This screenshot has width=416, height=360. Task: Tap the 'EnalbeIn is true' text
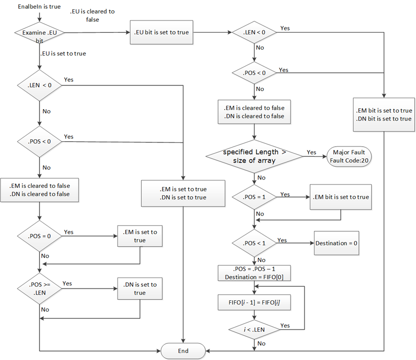click(x=39, y=7)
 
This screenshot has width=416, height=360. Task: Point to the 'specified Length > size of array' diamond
click(x=254, y=157)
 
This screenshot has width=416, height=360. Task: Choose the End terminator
click(x=183, y=351)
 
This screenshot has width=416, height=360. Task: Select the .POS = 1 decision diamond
click(x=254, y=197)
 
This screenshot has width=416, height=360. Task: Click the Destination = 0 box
click(x=337, y=243)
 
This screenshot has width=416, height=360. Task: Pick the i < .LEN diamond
click(x=254, y=329)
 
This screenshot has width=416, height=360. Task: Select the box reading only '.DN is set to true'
click(x=140, y=289)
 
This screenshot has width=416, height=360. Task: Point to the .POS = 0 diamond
click(x=40, y=236)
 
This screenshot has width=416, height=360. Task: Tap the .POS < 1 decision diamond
click(x=254, y=243)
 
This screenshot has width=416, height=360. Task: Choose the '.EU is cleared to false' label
click(x=92, y=15)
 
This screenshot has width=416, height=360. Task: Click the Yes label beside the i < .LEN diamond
click(x=285, y=326)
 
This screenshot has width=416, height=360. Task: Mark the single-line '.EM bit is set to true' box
click(x=341, y=197)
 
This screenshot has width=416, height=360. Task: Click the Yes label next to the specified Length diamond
click(x=312, y=152)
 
